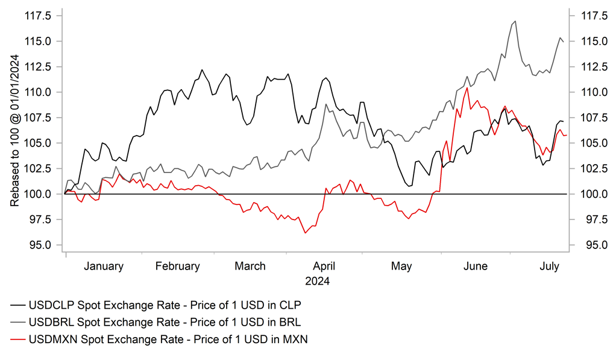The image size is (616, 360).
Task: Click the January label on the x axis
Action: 104,266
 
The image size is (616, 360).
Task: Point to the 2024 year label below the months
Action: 317,281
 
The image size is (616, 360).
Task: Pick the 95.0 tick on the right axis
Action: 587,245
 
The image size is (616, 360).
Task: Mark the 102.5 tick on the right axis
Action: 587,169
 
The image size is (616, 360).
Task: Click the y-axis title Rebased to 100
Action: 14,130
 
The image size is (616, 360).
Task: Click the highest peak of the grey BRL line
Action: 515,21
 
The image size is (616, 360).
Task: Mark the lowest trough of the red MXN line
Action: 306,233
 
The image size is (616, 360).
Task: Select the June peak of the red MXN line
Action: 467,88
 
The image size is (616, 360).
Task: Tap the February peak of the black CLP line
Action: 202,70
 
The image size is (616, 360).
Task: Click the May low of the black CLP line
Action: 410,186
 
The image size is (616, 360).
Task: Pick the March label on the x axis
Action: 250,266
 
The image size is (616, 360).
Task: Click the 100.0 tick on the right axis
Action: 587,194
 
